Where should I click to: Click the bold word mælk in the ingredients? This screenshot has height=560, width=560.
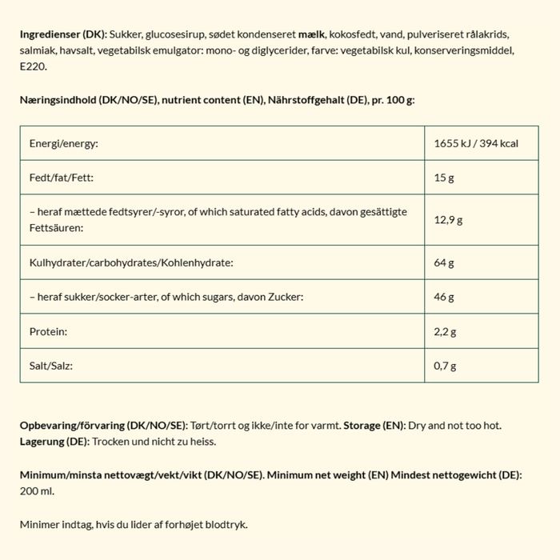(x=313, y=37)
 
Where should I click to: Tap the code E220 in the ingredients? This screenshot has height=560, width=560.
(x=34, y=67)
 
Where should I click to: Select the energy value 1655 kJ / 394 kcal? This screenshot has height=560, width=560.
(x=476, y=143)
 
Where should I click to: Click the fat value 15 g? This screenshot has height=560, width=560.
(x=444, y=177)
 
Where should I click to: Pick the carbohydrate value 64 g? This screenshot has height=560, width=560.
(x=444, y=262)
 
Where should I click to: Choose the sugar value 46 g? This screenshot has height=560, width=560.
(x=444, y=297)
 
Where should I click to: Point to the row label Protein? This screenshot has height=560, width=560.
(x=47, y=331)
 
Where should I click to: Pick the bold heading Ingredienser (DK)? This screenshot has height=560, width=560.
(x=62, y=37)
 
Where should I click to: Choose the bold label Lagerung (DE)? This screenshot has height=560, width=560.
(x=55, y=441)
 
